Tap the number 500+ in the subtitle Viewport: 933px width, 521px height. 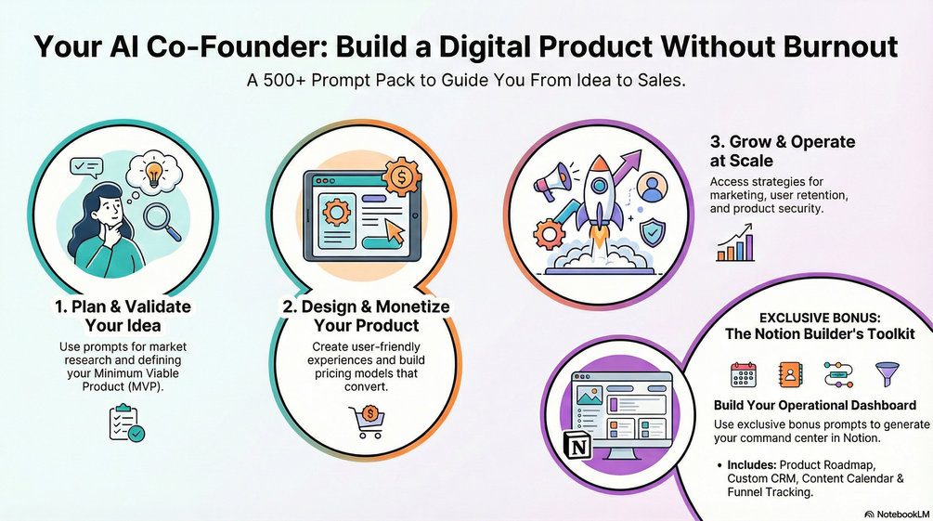(x=284, y=80)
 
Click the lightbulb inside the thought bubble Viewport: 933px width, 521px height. (x=154, y=174)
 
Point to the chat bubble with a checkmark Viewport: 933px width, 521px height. (x=86, y=167)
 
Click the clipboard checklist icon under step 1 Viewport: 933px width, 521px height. (x=127, y=423)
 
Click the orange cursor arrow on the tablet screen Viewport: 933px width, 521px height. (x=393, y=231)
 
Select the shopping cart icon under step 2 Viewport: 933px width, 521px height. (x=367, y=422)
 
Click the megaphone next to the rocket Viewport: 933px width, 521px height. (x=552, y=181)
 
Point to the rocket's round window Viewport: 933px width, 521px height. (x=600, y=185)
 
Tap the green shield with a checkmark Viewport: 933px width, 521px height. (x=652, y=233)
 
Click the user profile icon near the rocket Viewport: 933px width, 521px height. (x=652, y=187)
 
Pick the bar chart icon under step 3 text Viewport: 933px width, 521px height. (x=735, y=243)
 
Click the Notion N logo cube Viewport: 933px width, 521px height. (x=578, y=447)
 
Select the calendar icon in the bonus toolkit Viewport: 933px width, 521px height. (x=744, y=374)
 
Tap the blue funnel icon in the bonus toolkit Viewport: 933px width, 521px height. (x=887, y=374)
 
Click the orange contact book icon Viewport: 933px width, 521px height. (x=791, y=374)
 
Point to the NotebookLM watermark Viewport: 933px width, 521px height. (x=897, y=514)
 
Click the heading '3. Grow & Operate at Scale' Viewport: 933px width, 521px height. (x=783, y=151)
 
